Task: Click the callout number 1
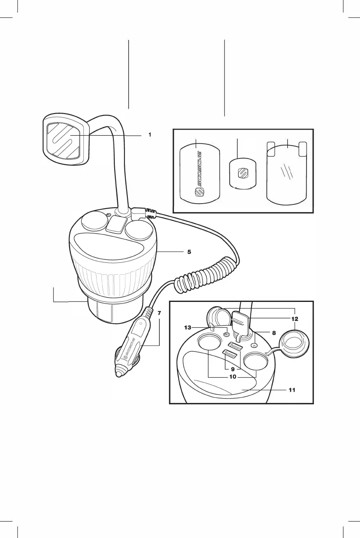[150, 134]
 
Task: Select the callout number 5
[189, 252]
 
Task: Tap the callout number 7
[159, 313]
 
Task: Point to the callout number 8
[274, 333]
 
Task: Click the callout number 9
[232, 369]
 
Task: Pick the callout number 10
[233, 377]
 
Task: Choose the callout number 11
[292, 390]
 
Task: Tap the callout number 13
[188, 328]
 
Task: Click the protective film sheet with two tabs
[287, 173]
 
